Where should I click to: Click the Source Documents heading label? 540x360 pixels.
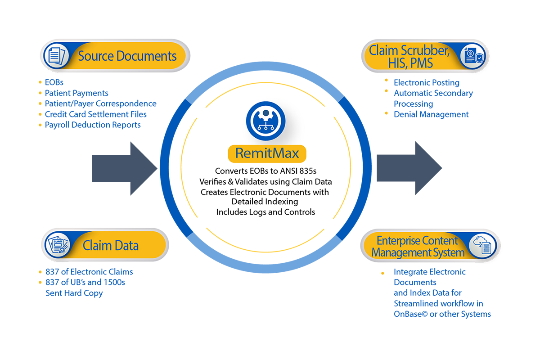click(127, 56)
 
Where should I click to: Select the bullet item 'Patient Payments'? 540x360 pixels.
click(76, 93)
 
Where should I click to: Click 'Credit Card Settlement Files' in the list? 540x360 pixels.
click(95, 114)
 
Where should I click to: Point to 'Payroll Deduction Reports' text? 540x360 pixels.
click(93, 125)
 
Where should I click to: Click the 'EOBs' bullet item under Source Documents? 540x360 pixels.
click(54, 82)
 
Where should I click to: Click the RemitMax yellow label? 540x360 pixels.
click(266, 154)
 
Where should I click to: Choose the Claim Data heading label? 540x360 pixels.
click(110, 245)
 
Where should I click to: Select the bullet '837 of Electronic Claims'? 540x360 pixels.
click(89, 272)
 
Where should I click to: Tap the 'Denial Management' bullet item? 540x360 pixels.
click(431, 114)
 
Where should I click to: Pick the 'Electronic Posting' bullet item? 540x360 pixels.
click(426, 82)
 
